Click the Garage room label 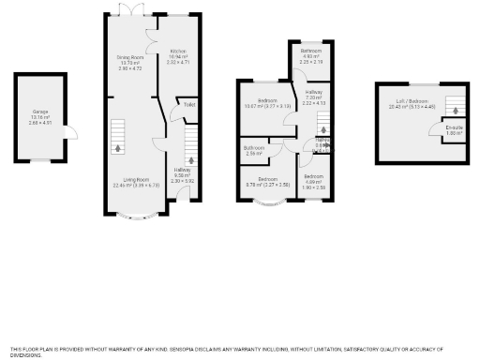click(x=40, y=117)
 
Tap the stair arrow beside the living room click(x=118, y=137)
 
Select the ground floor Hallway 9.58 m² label click(x=182, y=171)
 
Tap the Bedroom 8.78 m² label click(x=267, y=181)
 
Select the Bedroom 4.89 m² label click(x=312, y=180)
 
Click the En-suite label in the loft click(x=454, y=129)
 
